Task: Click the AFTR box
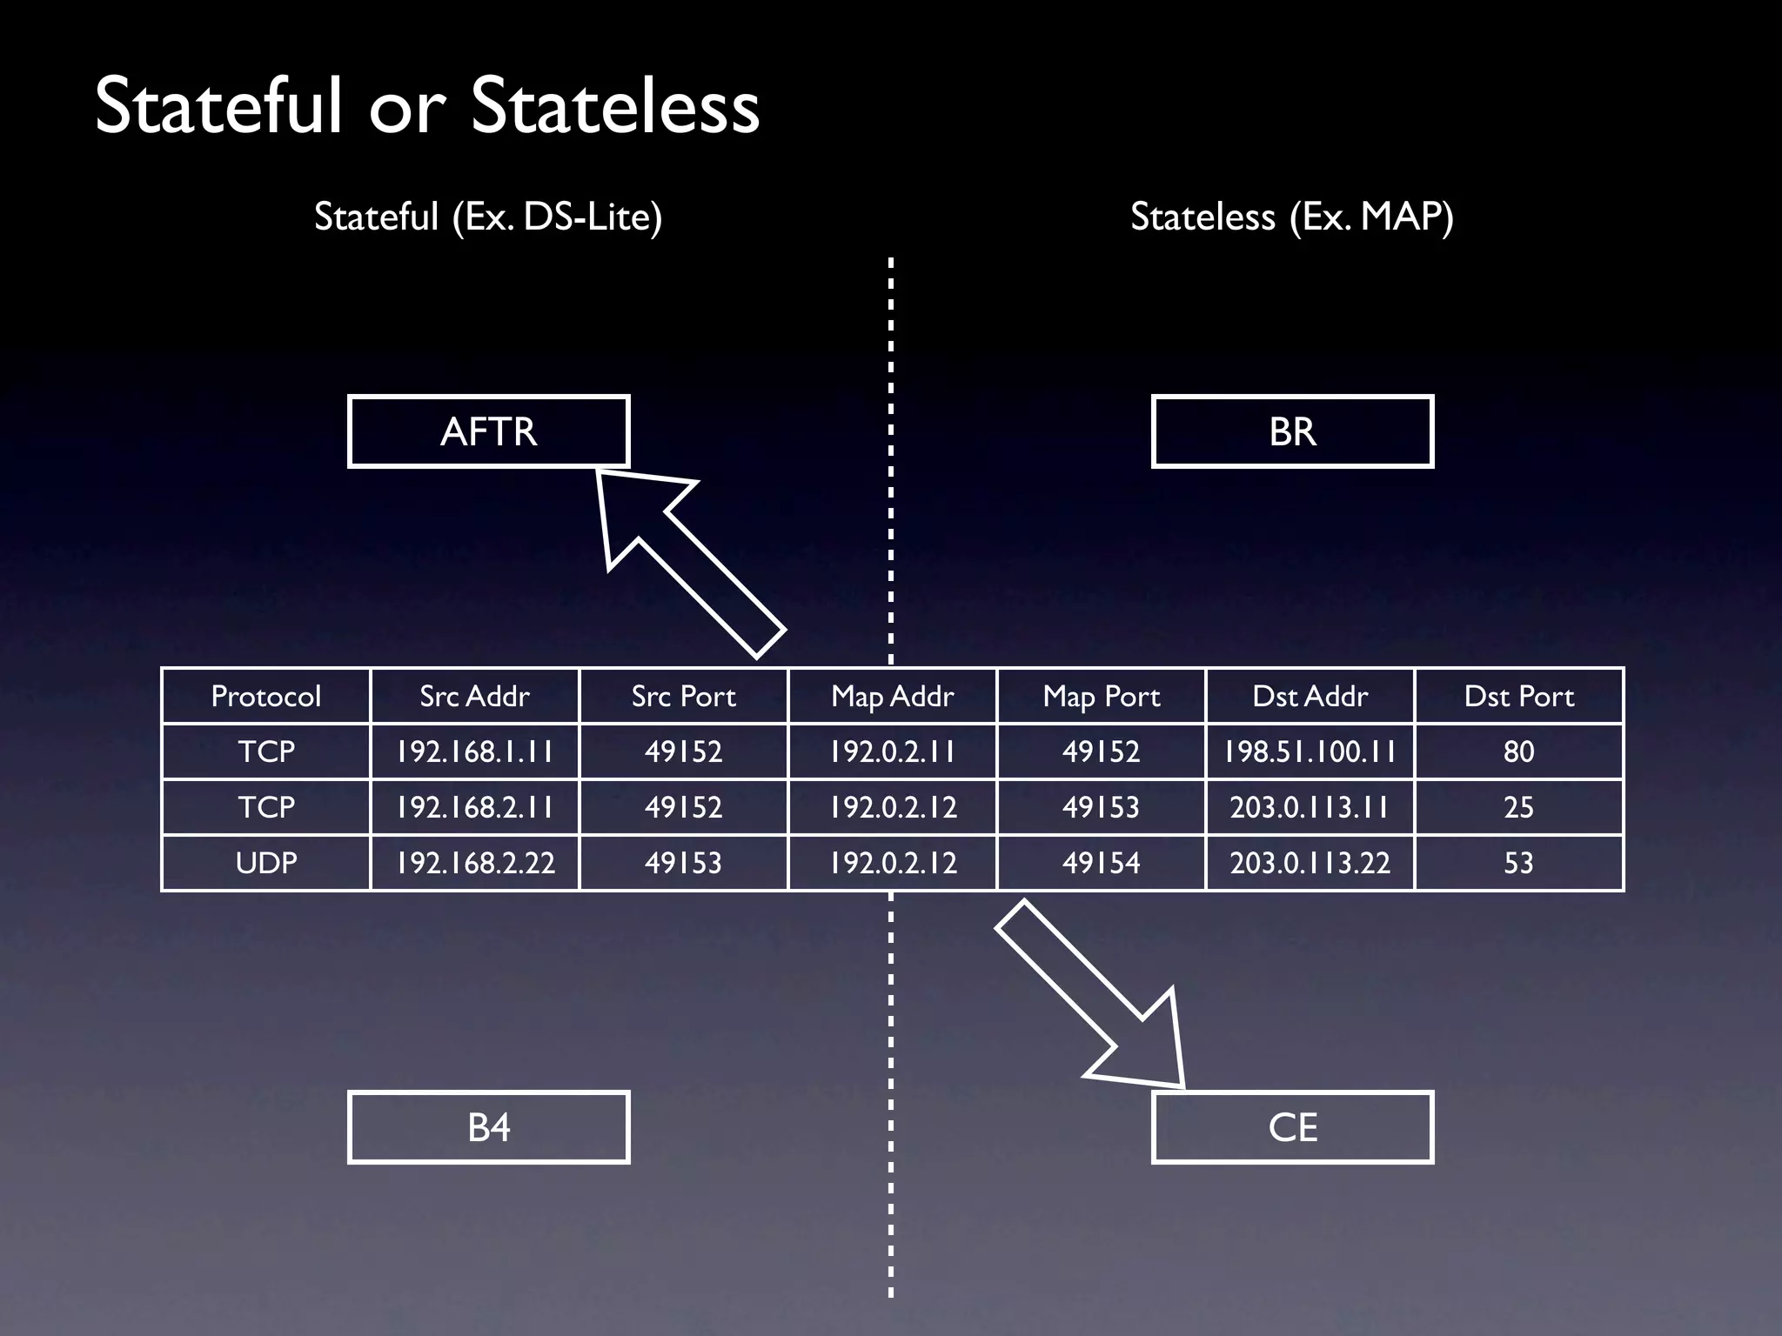pyautogui.click(x=488, y=431)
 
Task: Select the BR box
pyautogui.click(x=1292, y=431)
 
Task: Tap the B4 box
pyautogui.click(x=488, y=1127)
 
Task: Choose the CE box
pyautogui.click(x=1292, y=1127)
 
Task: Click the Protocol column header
pyautogui.click(x=265, y=696)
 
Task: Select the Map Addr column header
pyautogui.click(x=892, y=696)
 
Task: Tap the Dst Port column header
pyautogui.click(x=1518, y=696)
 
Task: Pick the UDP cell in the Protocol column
pyautogui.click(x=265, y=863)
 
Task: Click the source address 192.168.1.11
pyautogui.click(x=474, y=751)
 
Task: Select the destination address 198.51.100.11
pyautogui.click(x=1310, y=751)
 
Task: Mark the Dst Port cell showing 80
pyautogui.click(x=1518, y=751)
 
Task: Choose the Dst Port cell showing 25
pyautogui.click(x=1518, y=807)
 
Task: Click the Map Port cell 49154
pyautogui.click(x=1101, y=863)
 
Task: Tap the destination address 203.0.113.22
pyautogui.click(x=1310, y=863)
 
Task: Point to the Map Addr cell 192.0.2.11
pyautogui.click(x=892, y=751)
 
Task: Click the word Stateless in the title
pyautogui.click(x=615, y=106)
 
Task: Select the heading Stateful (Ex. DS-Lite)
pyautogui.click(x=488, y=217)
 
